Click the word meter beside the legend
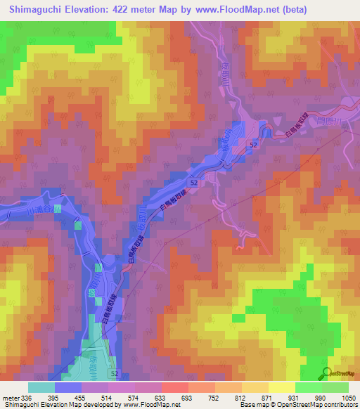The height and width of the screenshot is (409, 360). [10, 397]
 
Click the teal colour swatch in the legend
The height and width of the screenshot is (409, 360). [41, 387]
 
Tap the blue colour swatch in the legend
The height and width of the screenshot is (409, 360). [68, 387]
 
